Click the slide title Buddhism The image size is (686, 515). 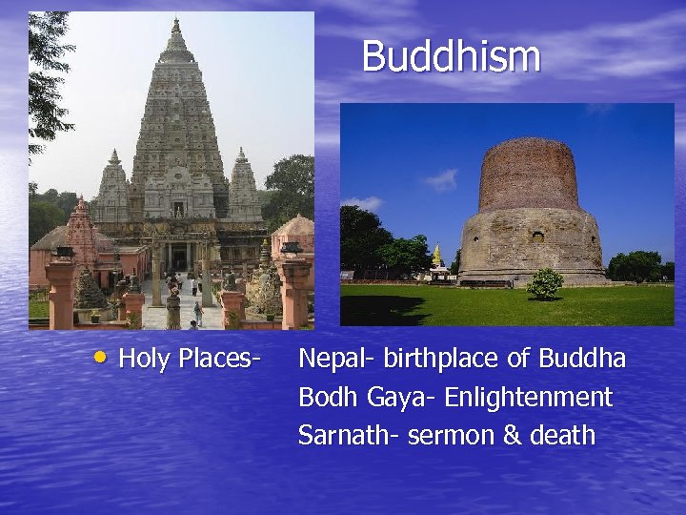point(451,56)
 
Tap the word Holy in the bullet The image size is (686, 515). point(142,360)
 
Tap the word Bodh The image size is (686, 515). point(326,397)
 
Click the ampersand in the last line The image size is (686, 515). point(512,436)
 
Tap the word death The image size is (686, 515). point(562,436)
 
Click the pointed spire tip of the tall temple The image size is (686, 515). point(176,21)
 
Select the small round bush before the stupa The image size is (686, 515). point(545,283)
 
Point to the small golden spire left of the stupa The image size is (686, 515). point(437,255)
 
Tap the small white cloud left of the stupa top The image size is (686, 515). point(440,179)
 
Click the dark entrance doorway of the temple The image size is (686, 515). point(178,257)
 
